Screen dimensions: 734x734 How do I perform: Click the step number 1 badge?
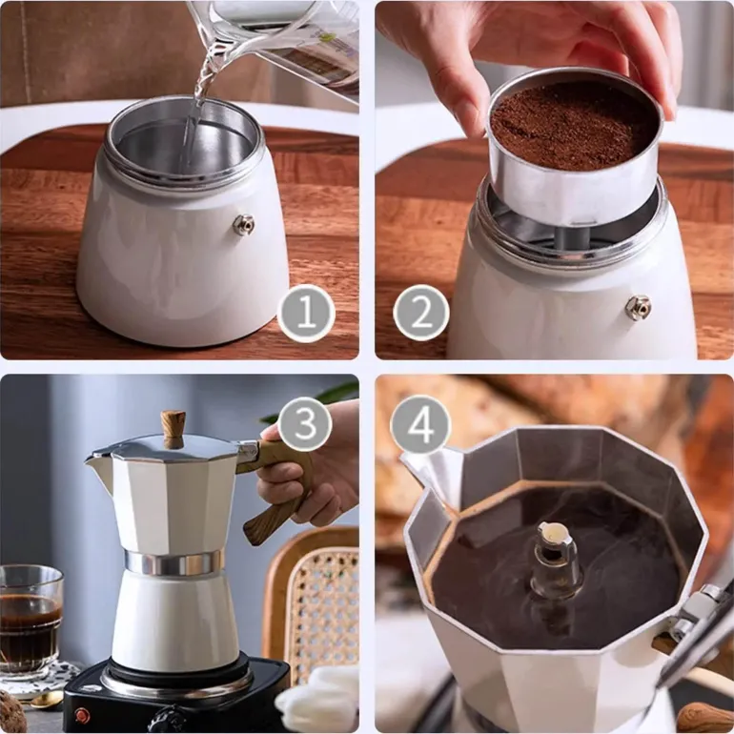point(306,314)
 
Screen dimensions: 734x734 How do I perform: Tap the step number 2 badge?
point(421,313)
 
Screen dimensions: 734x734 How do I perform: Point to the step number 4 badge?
point(420,425)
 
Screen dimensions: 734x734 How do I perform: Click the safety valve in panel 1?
point(243,225)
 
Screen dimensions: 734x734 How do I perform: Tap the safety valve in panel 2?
point(638,308)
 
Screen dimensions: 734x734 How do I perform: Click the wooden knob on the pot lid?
point(173,429)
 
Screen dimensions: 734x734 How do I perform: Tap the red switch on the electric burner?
point(82,715)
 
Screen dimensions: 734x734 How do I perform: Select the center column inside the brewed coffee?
point(556,560)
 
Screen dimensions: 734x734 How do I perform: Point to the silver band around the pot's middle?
point(173,562)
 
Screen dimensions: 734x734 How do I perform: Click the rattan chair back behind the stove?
point(312,603)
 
